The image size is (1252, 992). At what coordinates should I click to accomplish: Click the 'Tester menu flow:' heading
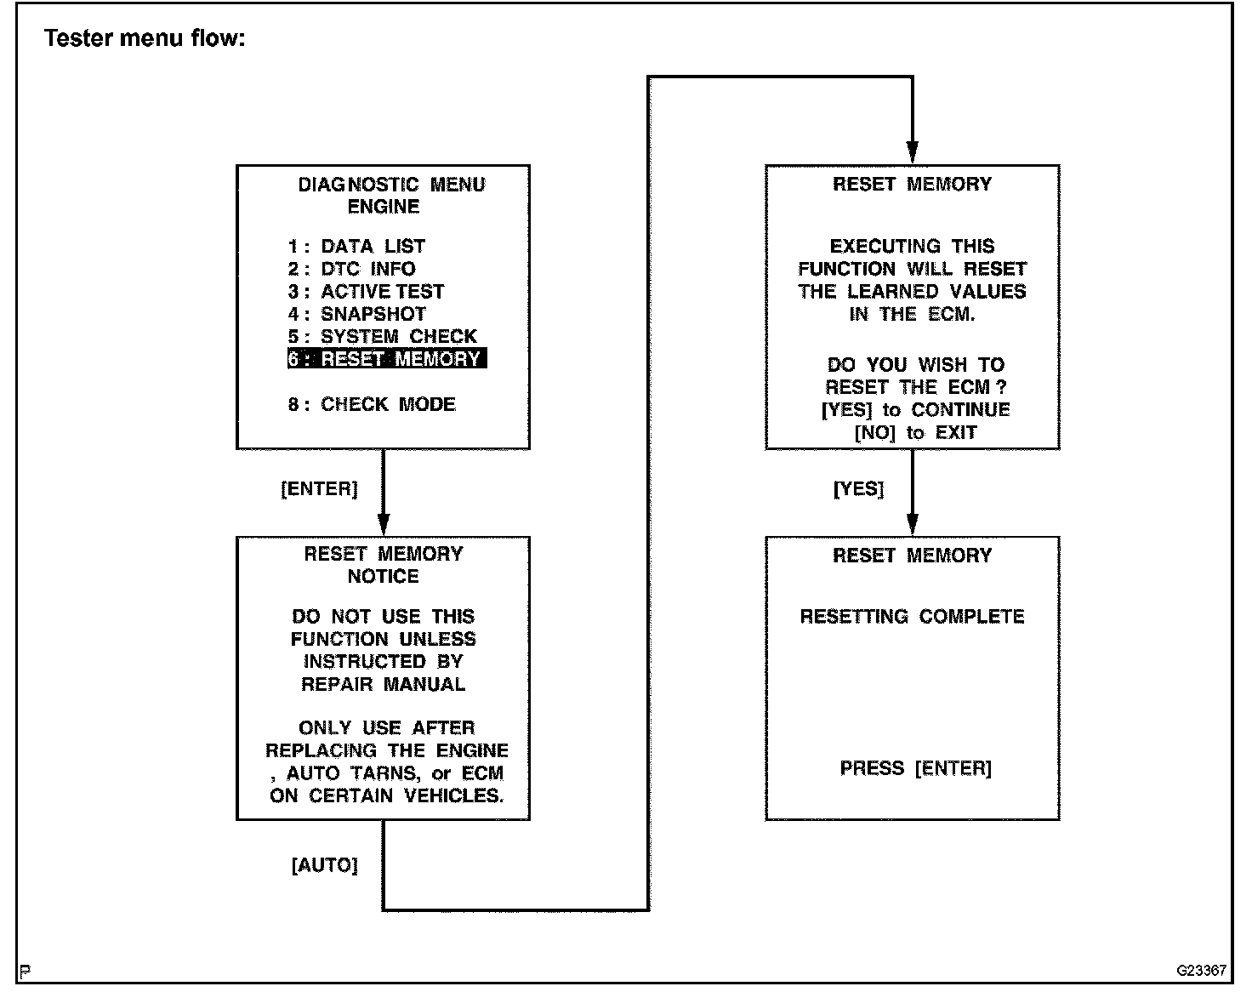point(145,38)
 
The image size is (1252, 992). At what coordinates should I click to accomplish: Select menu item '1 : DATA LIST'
point(356,247)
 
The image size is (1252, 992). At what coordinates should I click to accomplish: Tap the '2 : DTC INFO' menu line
point(351,269)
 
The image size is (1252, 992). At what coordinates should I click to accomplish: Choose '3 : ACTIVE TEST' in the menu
point(366,292)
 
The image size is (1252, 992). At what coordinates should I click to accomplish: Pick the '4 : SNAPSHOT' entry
point(356,314)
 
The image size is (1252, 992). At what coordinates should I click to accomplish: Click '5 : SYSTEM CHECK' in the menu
point(382,337)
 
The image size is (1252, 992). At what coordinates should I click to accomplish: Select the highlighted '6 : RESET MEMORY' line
point(386,359)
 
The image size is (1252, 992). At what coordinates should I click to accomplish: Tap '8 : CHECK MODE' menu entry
point(372,404)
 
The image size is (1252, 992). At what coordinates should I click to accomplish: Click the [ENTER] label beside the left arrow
point(319,489)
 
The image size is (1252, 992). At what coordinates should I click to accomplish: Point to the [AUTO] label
point(324,865)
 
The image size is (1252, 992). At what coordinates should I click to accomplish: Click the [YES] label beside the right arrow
point(858,489)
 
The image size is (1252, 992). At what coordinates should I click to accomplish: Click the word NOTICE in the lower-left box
point(383,577)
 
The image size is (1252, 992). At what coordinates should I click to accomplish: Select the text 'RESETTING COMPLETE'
point(912,617)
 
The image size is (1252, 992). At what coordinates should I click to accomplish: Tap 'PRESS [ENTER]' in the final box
point(915,768)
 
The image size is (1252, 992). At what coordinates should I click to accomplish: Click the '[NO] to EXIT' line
point(915,433)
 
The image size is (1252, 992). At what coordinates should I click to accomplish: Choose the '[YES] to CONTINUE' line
point(915,410)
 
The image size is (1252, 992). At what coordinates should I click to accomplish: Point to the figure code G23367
point(1201,970)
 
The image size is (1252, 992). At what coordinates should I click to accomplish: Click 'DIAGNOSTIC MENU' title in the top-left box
point(391,185)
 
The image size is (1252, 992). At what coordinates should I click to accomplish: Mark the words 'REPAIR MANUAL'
point(383,685)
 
